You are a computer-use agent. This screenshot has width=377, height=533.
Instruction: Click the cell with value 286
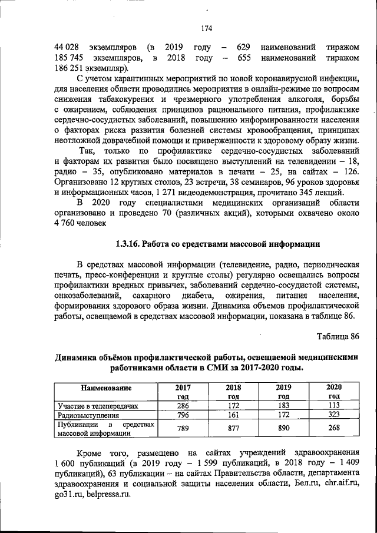183,406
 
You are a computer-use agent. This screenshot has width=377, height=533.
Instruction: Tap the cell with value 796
183,415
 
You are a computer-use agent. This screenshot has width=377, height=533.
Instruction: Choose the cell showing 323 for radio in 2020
334,415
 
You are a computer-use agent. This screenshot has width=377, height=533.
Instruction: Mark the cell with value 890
283,429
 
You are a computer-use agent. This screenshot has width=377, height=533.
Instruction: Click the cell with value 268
334,429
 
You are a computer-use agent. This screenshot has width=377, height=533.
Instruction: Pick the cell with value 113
334,406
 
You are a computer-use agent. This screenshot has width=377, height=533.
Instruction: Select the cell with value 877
233,429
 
